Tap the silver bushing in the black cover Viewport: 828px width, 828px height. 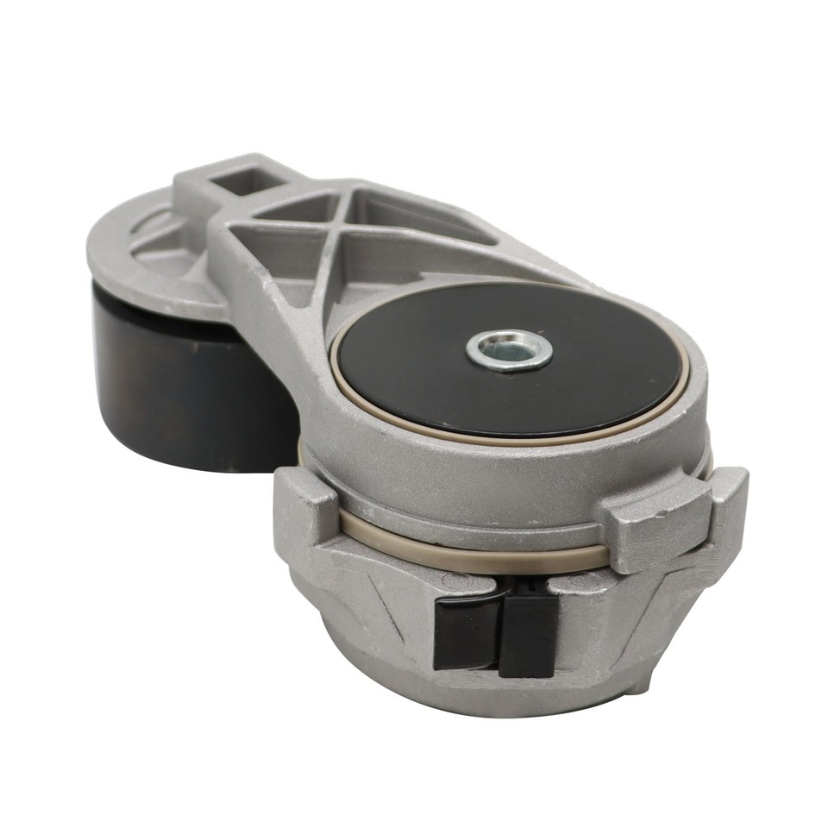(509, 348)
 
